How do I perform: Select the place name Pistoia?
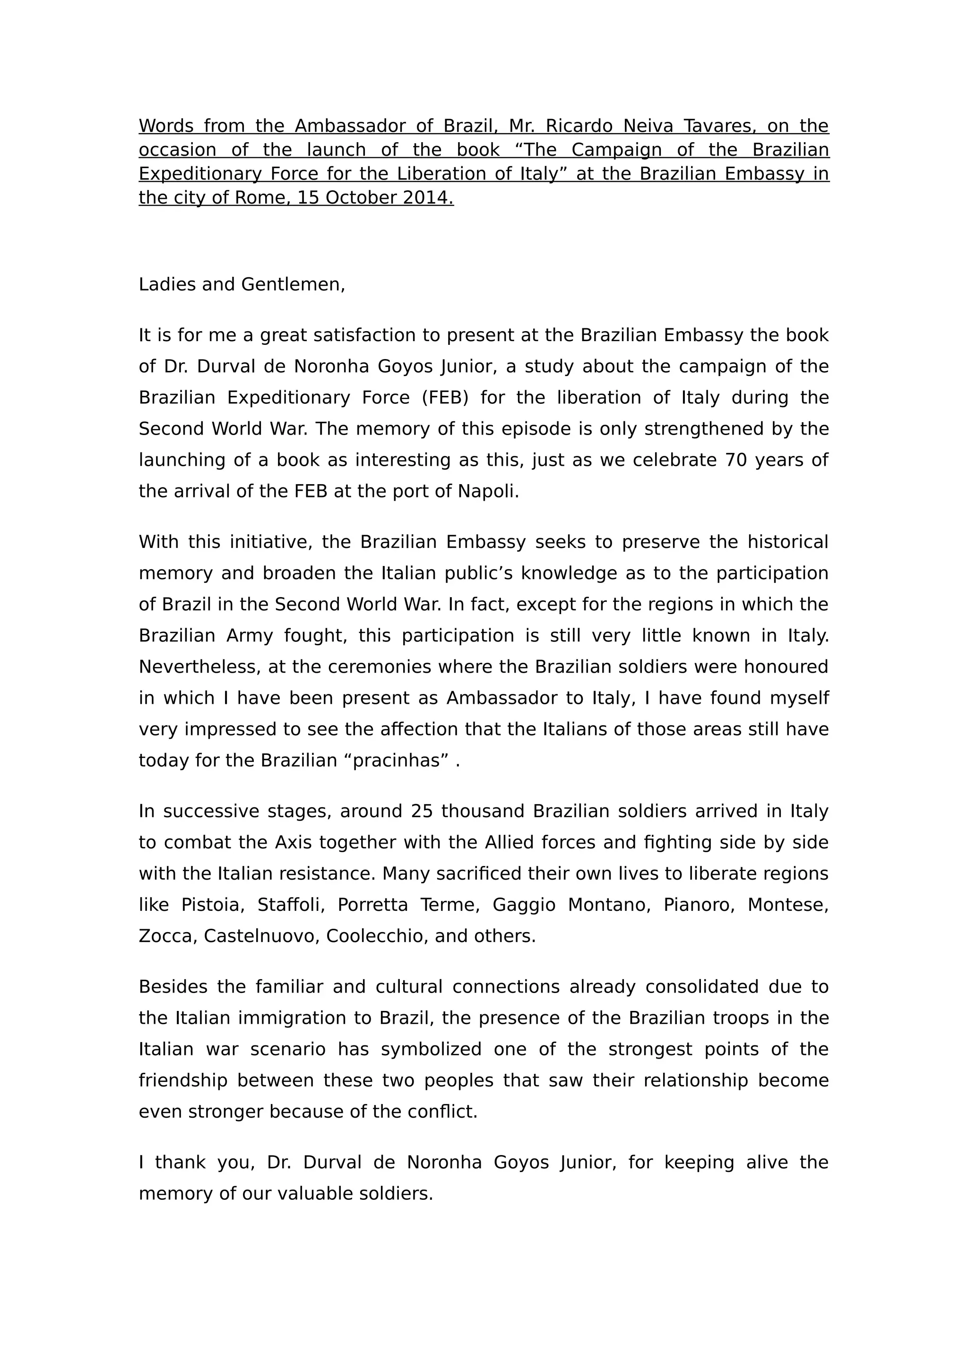(212, 905)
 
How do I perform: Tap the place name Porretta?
(373, 905)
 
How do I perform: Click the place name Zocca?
(168, 936)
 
